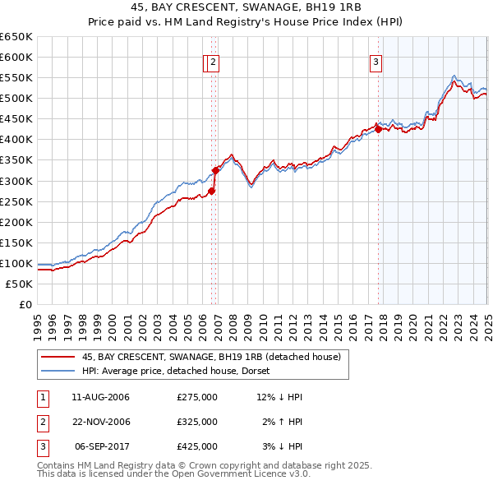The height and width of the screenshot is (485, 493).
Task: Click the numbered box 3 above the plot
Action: [x=376, y=61]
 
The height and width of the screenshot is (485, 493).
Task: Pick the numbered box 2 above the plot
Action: [x=213, y=61]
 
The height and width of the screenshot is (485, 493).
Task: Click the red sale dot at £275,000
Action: [x=211, y=191]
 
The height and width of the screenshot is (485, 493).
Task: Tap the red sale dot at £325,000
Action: [x=216, y=170]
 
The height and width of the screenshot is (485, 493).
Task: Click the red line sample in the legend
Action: [x=58, y=357]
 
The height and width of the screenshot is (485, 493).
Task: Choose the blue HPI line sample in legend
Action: [x=58, y=371]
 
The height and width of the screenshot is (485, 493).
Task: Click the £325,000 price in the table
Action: [x=197, y=422]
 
